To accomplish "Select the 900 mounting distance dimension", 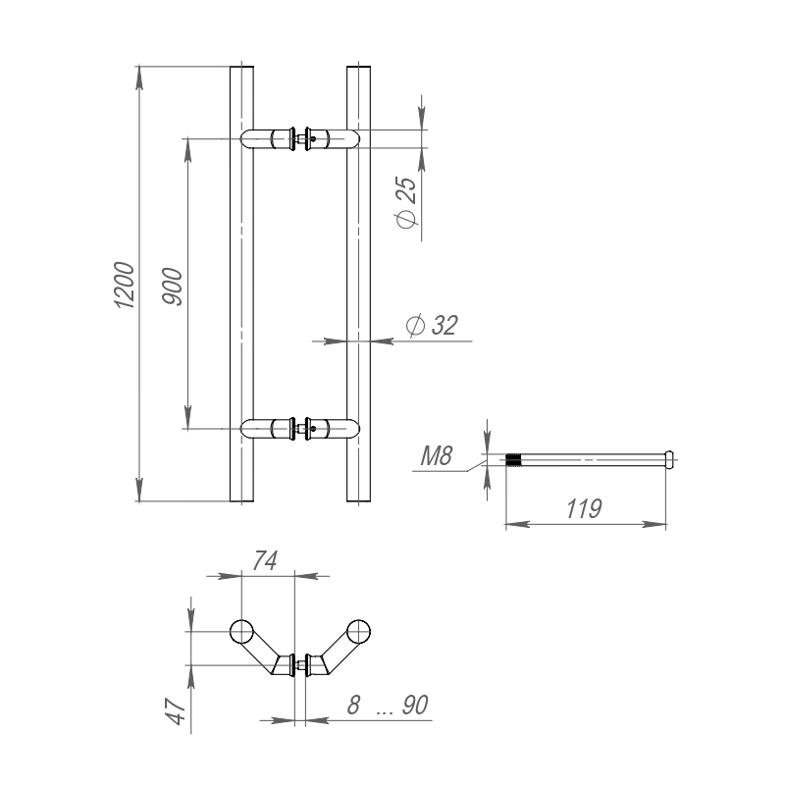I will [x=171, y=286].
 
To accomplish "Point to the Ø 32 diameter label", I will [x=432, y=326].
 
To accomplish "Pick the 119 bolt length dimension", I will [x=584, y=509].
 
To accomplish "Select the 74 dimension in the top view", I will [x=266, y=560].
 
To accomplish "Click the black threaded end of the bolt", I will [x=513, y=459].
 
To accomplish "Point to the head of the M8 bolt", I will [x=670, y=458].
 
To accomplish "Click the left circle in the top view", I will [x=240, y=630].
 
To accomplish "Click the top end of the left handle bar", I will [x=241, y=70].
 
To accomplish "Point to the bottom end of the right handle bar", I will [x=360, y=499].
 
